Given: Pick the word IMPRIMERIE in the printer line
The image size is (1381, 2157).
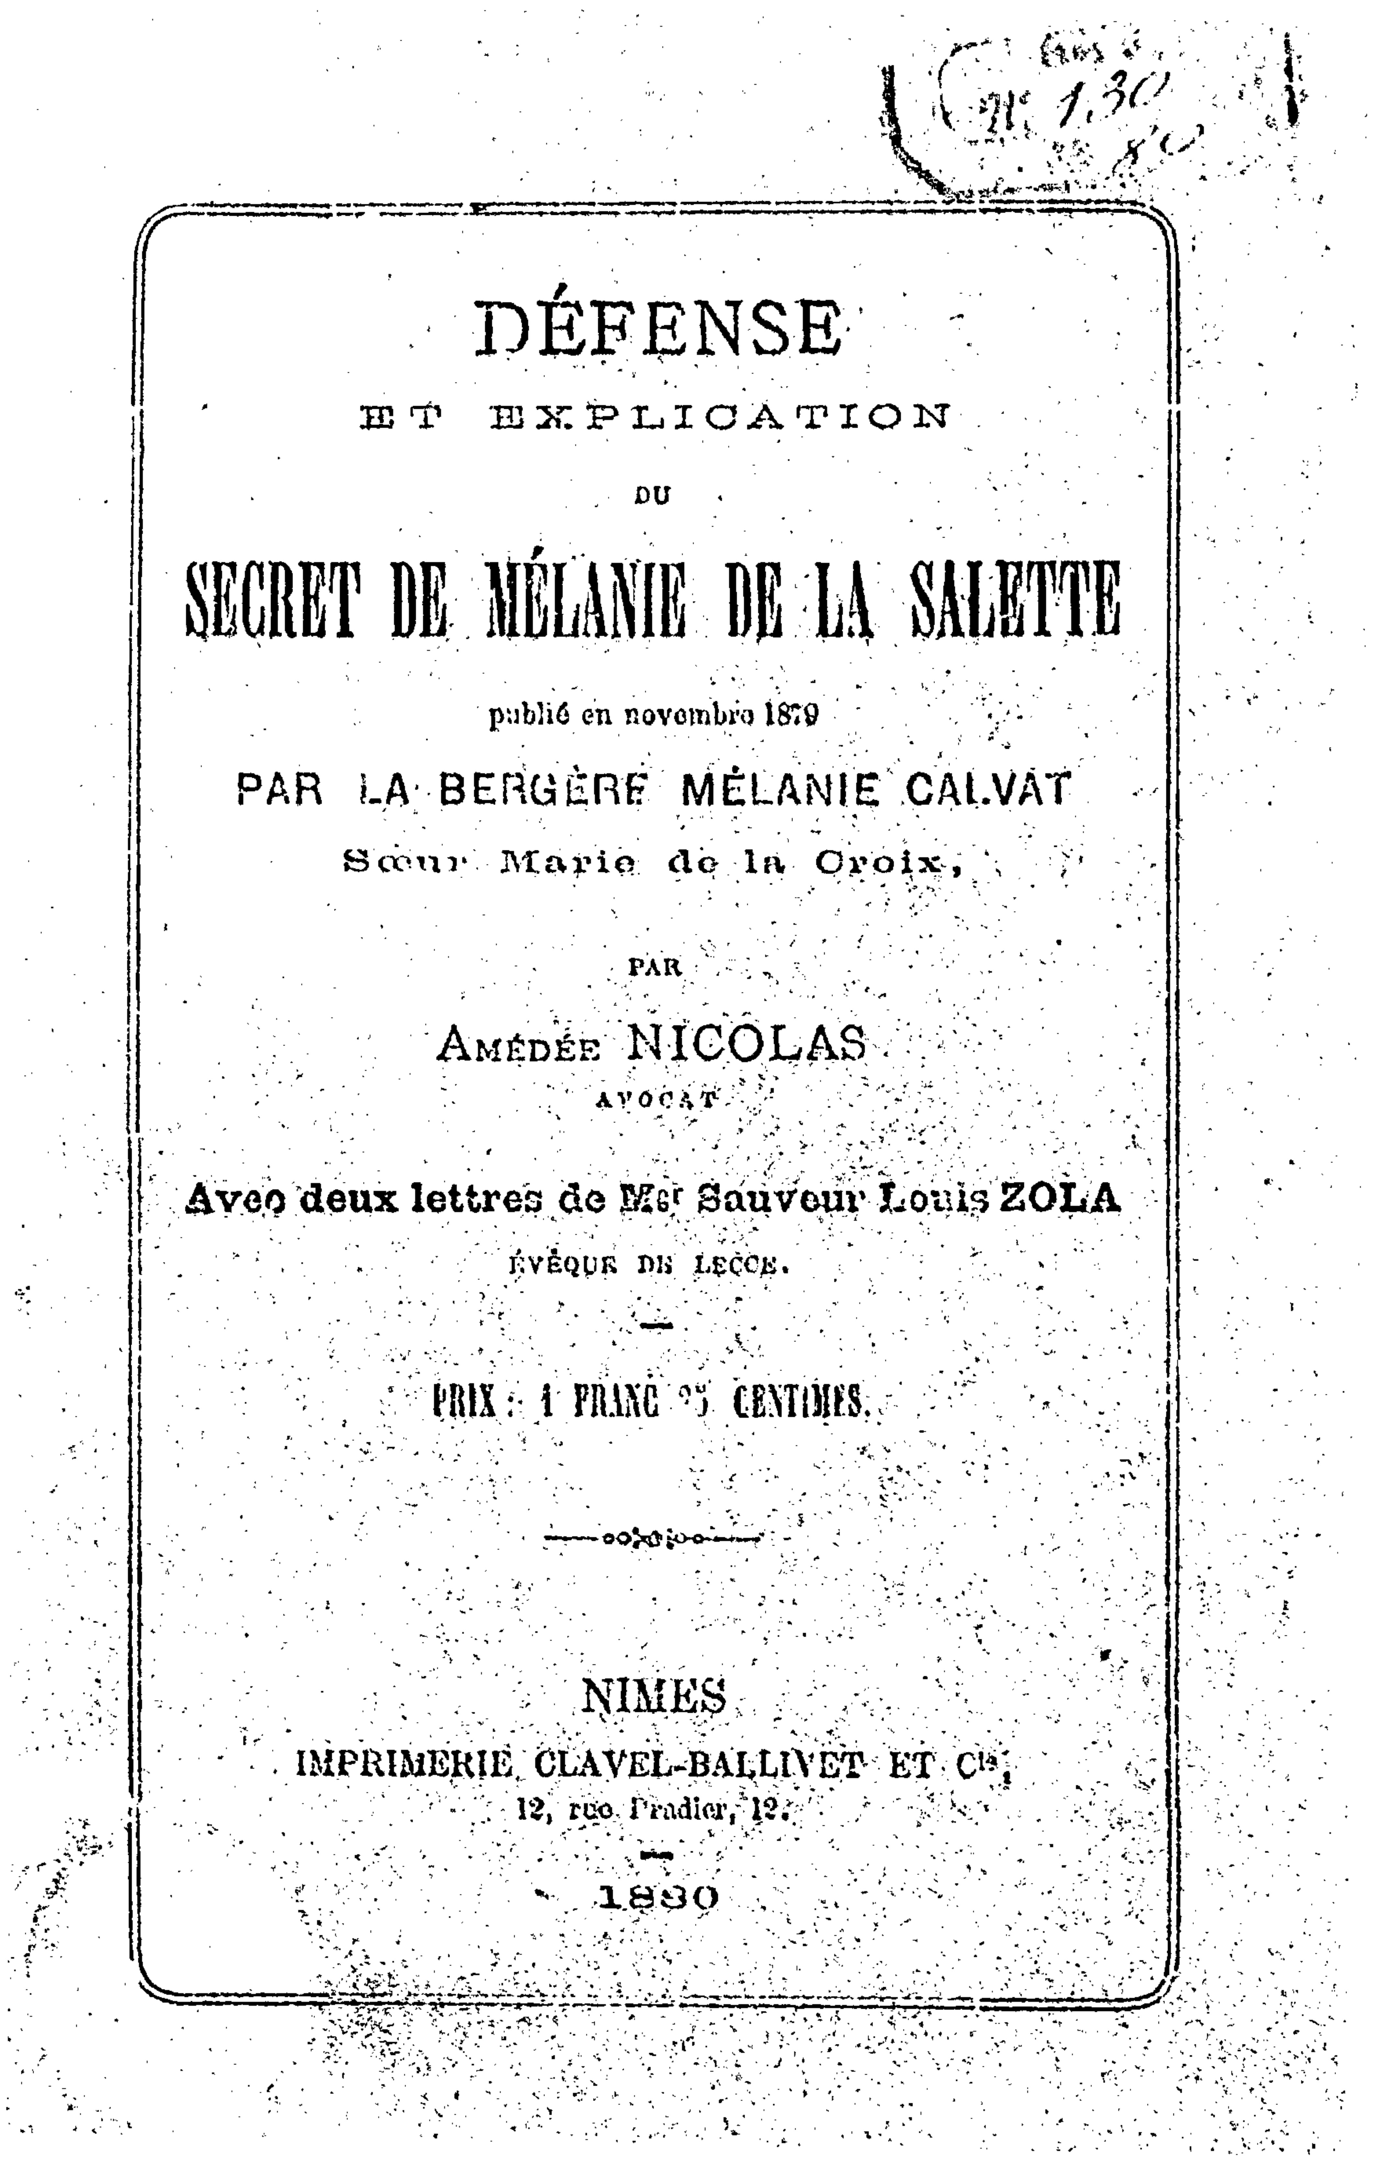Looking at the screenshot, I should coord(404,1764).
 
